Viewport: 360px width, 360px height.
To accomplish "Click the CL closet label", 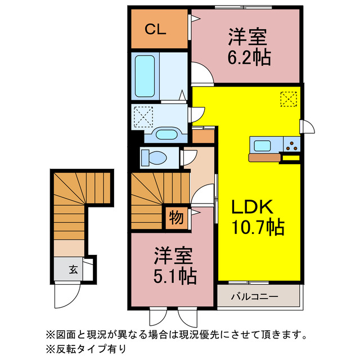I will (x=156, y=30).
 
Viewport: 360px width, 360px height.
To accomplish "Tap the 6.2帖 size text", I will (x=248, y=57).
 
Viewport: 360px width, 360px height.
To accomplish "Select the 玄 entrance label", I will (x=73, y=269).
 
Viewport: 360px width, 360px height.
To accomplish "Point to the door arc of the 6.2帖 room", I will (x=201, y=73).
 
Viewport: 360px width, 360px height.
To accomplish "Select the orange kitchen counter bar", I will (x=264, y=158).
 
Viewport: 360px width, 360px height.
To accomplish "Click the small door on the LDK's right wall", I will (x=307, y=127).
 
